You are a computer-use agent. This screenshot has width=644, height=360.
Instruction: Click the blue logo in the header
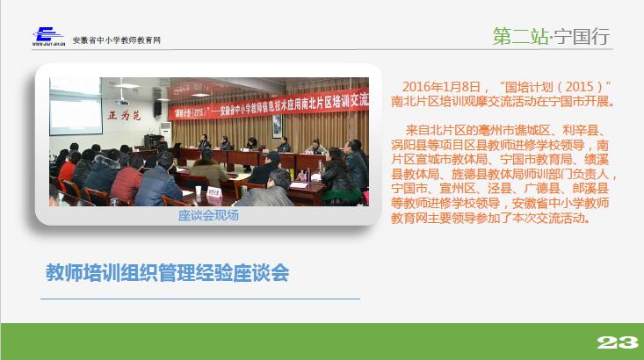click(48, 36)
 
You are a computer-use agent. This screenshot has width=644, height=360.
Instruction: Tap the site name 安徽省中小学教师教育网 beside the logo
click(116, 40)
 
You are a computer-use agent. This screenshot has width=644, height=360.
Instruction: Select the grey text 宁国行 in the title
click(581, 37)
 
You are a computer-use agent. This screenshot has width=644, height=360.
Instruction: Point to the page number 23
click(618, 342)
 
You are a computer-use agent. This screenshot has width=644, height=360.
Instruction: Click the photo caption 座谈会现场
click(208, 215)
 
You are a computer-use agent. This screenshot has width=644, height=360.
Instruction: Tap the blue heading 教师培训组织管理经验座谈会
click(167, 272)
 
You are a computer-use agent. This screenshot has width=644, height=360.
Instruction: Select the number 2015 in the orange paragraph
click(579, 87)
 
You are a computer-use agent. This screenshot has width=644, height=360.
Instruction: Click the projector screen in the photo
click(76, 106)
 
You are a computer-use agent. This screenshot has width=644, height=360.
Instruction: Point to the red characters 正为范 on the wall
click(125, 115)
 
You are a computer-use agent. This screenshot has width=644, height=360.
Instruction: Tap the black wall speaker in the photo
click(157, 108)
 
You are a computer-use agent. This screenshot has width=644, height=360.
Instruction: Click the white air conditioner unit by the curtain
click(166, 133)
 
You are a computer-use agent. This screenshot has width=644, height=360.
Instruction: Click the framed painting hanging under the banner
click(278, 126)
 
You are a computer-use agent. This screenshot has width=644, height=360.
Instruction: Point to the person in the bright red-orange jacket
click(66, 171)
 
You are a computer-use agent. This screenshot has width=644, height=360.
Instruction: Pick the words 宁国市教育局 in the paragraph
click(536, 159)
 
